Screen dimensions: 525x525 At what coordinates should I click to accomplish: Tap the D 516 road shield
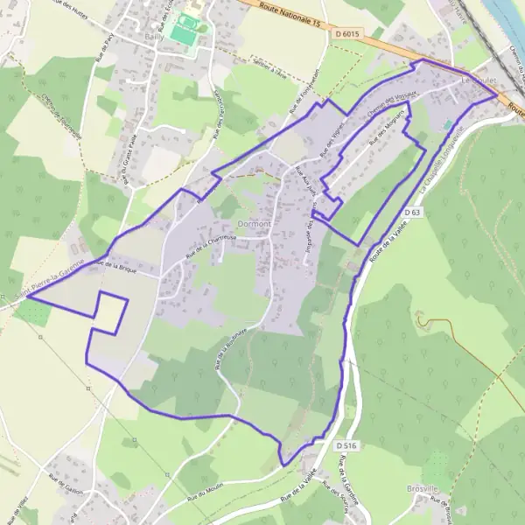pyautogui.click(x=346, y=445)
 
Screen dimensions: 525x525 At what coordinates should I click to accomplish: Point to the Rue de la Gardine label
pyautogui.click(x=344, y=491)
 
